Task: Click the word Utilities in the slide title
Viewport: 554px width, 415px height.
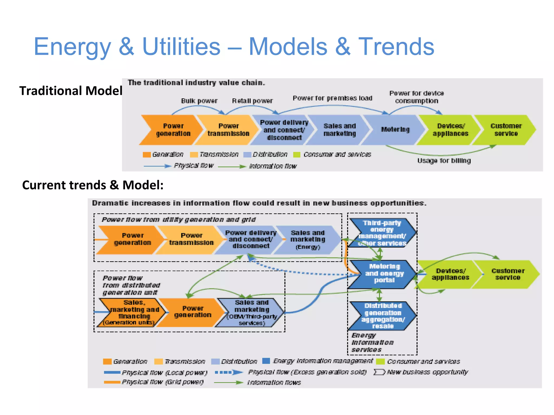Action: click(x=181, y=46)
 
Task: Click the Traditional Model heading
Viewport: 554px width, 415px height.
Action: click(x=71, y=91)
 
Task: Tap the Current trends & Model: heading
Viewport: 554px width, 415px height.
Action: click(x=93, y=185)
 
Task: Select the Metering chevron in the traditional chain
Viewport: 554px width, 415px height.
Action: click(x=395, y=130)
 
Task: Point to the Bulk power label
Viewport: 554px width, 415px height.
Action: click(x=199, y=101)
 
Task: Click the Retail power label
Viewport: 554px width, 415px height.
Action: click(x=252, y=101)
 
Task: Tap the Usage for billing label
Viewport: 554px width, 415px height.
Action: click(x=444, y=161)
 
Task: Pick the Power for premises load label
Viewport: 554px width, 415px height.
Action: click(x=332, y=98)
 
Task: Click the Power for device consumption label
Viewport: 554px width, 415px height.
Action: click(x=417, y=97)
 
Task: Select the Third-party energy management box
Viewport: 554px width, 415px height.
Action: click(x=382, y=233)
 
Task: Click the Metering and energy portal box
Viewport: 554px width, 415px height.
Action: click(x=384, y=273)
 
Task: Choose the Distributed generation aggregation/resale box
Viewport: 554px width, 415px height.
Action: click(x=382, y=316)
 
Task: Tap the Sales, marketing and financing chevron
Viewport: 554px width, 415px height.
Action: click(x=132, y=313)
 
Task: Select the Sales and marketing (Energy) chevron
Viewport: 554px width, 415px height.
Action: click(x=308, y=240)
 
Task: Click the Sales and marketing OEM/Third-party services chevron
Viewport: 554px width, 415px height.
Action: click(x=251, y=313)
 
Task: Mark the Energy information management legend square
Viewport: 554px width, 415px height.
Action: click(x=266, y=361)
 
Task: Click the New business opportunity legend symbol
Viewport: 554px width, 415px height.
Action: click(x=379, y=372)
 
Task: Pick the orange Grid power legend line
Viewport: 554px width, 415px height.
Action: click(x=112, y=382)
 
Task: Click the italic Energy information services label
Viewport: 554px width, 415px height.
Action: click(x=372, y=343)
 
